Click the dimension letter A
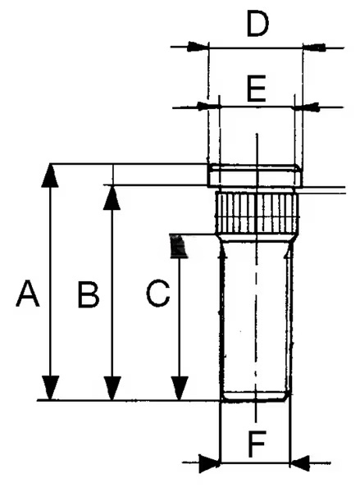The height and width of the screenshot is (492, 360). click(28, 294)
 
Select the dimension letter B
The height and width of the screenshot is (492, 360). click(89, 294)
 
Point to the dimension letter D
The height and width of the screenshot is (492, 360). click(257, 23)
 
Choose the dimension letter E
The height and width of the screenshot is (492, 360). click(257, 89)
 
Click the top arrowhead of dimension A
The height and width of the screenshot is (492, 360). click(50, 175)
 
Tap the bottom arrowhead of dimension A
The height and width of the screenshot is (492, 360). click(50, 388)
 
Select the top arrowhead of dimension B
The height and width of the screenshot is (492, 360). click(112, 198)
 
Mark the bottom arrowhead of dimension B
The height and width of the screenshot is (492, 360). click(112, 388)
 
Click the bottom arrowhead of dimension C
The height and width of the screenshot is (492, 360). click(180, 388)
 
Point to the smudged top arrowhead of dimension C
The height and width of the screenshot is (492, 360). click(178, 246)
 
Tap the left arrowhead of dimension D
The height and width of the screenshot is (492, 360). click(198, 47)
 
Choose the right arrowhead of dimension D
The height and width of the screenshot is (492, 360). click(313, 48)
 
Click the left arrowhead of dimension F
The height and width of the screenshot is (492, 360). click(210, 462)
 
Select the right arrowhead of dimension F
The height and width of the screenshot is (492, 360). click(299, 462)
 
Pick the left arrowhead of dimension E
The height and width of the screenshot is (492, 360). click(209, 107)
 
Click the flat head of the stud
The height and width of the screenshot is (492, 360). click(255, 175)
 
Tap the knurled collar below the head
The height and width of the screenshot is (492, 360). click(257, 213)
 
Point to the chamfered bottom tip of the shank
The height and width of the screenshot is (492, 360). click(255, 397)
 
